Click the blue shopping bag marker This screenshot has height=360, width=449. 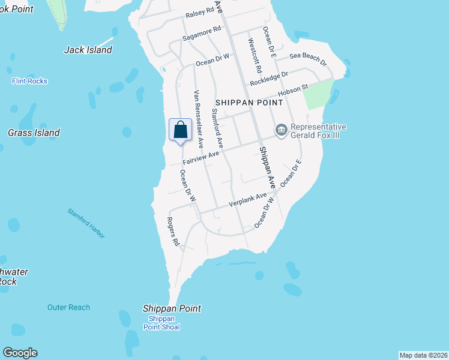[181, 130]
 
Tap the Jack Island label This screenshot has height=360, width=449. [88, 50]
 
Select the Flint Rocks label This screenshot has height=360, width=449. [29, 81]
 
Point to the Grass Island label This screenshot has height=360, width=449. [34, 133]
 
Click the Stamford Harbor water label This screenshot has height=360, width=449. [86, 223]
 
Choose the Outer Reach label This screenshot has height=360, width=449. [68, 307]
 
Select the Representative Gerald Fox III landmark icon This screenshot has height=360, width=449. [281, 130]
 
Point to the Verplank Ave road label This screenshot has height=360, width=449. [247, 200]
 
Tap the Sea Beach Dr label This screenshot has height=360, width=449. [307, 58]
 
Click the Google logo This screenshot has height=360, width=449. [20, 353]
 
